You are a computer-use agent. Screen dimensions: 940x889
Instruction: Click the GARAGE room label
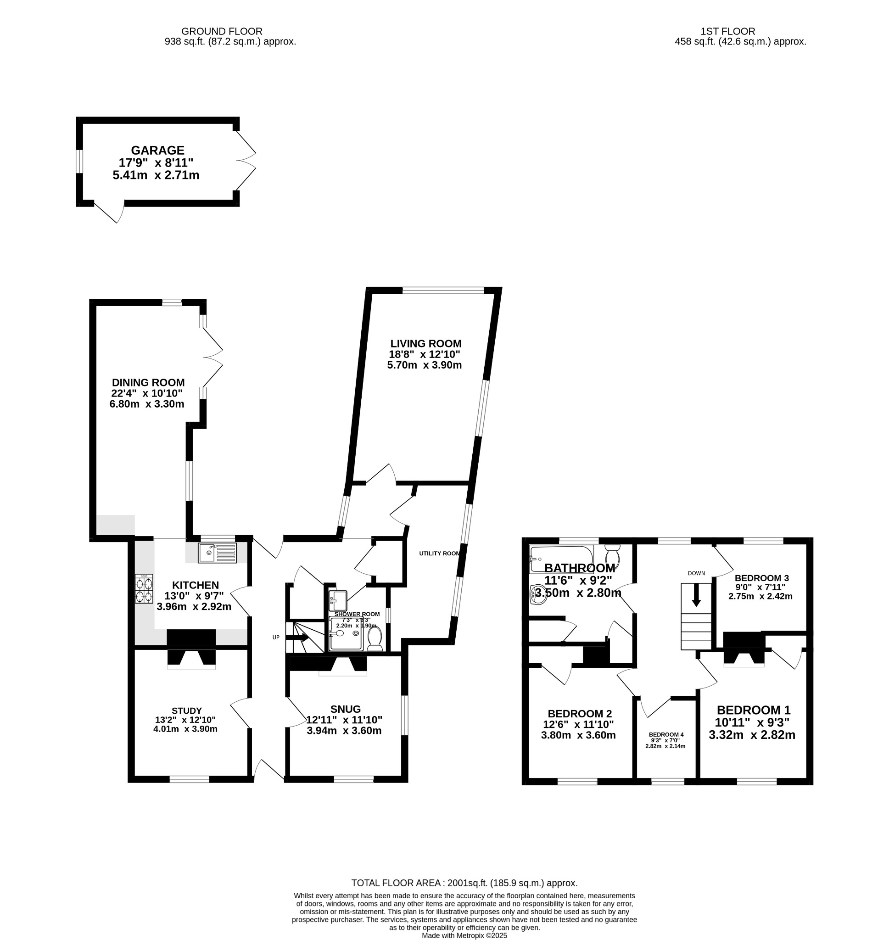click(157, 150)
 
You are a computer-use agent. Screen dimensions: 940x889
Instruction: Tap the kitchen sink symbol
click(218, 554)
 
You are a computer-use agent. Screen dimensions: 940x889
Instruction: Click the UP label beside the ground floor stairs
click(276, 637)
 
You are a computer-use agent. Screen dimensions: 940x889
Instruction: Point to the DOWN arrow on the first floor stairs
click(696, 595)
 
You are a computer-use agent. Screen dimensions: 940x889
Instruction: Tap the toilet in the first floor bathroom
click(613, 558)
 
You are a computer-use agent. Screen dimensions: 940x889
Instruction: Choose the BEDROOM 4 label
click(666, 734)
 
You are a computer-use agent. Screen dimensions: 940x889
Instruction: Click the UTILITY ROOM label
click(439, 554)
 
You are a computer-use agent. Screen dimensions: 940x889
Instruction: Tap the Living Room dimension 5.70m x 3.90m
click(424, 365)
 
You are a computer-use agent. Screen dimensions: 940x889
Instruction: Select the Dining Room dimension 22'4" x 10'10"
click(147, 393)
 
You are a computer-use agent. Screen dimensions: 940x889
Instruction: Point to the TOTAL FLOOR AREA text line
click(464, 883)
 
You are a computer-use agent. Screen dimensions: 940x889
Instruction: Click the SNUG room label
click(346, 709)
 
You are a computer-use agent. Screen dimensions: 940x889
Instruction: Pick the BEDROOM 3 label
click(761, 578)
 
